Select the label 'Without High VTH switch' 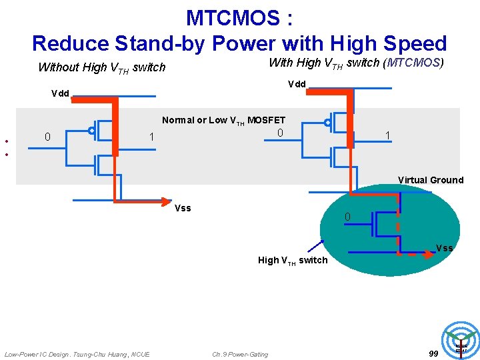pos(101,67)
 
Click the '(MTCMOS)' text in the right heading pos(415,63)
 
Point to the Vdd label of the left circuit pos(60,93)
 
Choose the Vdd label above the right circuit pos(297,84)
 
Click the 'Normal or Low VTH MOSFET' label pos(223,121)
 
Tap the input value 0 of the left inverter pos(47,137)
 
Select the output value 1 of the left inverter pos(152,137)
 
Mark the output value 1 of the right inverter pos(387,135)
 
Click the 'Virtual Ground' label pos(430,180)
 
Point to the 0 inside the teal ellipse pos(347,217)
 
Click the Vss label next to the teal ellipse pos(444,248)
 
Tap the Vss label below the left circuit pos(182,208)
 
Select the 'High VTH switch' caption pos(293,260)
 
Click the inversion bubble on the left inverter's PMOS pos(91,131)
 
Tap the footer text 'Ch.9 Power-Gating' pos(240,354)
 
